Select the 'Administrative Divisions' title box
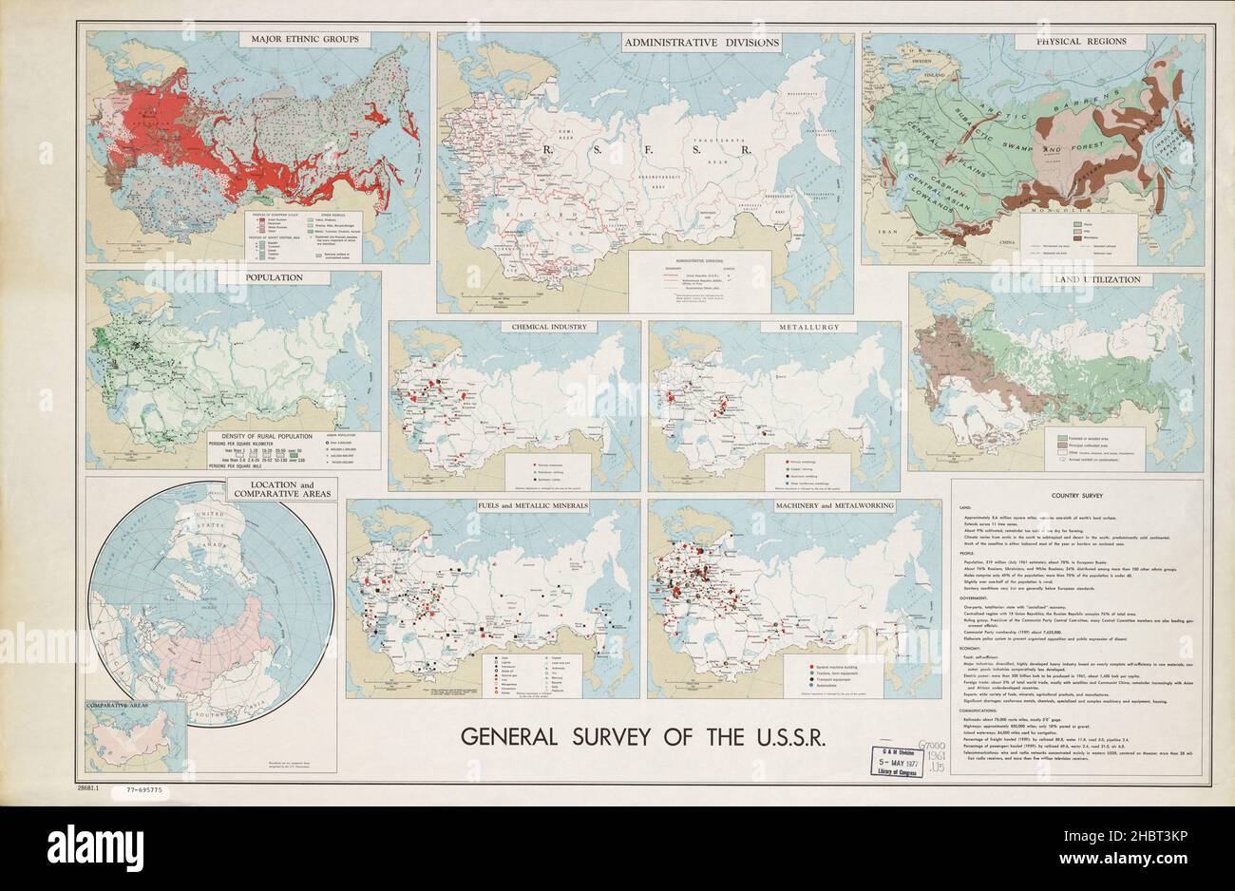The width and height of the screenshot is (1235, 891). click(x=701, y=43)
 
